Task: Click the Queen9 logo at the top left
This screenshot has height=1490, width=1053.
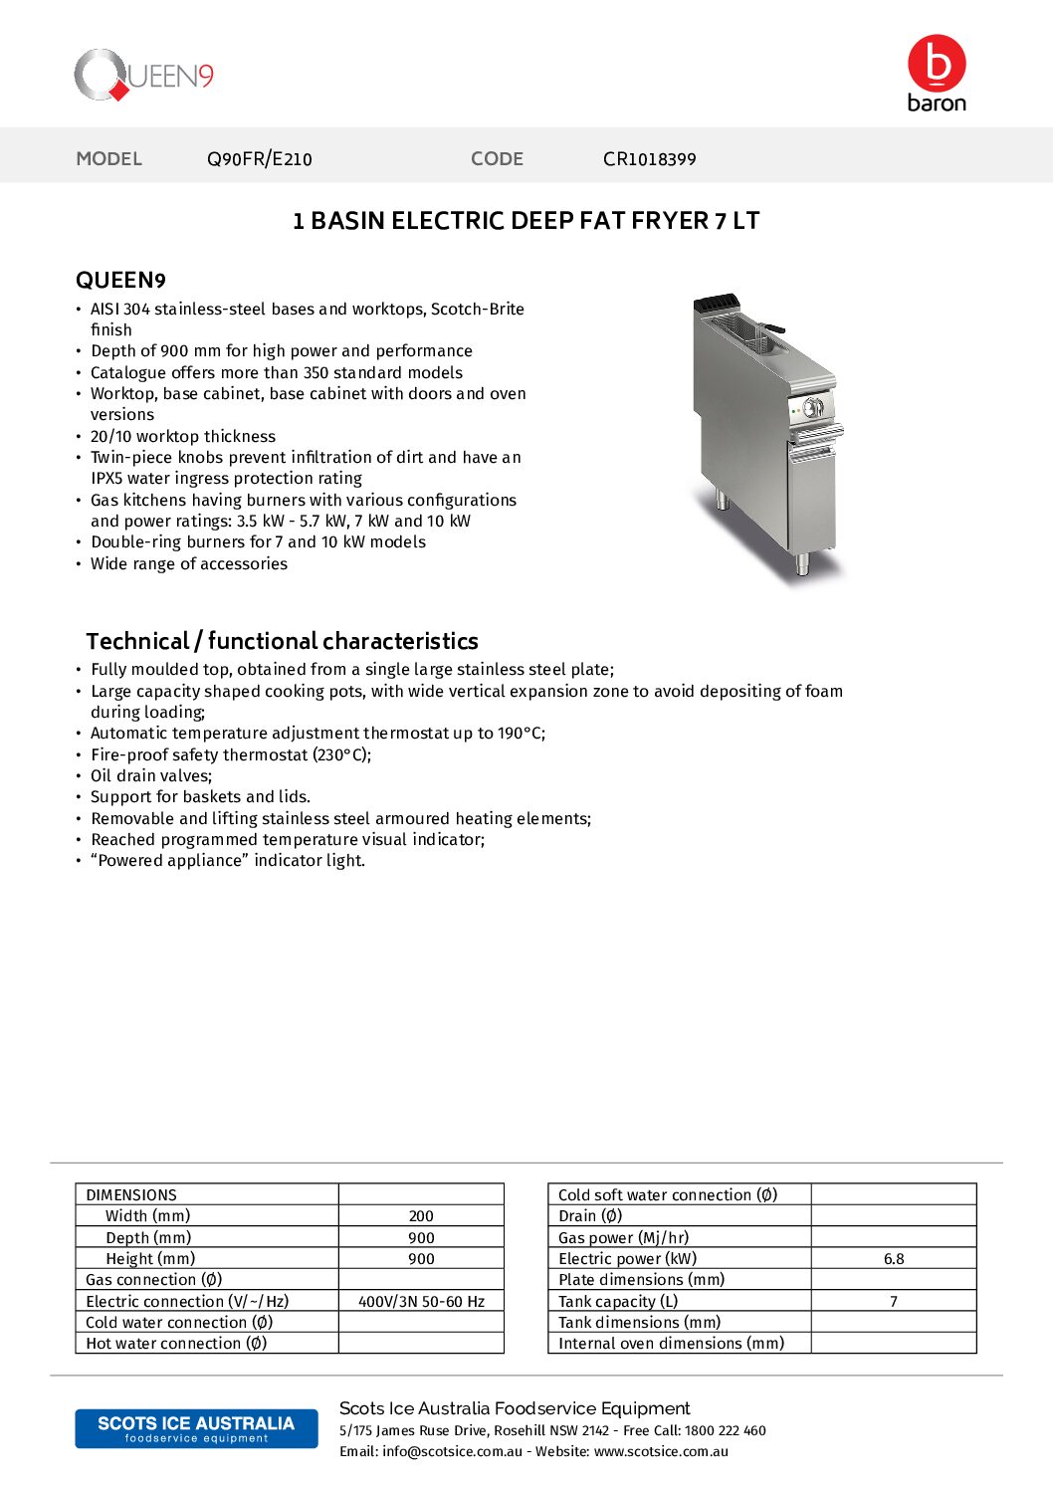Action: pos(144,76)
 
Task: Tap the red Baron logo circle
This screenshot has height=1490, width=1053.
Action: pos(937,64)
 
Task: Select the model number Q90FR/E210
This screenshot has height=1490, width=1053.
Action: pos(259,159)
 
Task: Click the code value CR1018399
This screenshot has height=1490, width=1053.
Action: pos(649,159)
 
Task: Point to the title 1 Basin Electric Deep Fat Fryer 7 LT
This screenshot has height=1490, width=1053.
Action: pos(526,221)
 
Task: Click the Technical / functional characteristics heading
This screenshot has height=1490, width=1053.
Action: pos(282,641)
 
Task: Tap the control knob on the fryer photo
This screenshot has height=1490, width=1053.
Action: pos(813,407)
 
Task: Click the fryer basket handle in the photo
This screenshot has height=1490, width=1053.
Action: pos(772,328)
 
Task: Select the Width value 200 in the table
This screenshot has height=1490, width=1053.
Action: pos(421,1216)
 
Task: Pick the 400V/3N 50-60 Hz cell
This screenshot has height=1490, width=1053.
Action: pos(421,1301)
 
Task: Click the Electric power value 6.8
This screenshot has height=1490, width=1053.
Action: pos(894,1259)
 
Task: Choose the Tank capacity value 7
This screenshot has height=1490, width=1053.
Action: pos(894,1301)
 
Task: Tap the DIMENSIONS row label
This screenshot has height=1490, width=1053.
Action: pos(131,1194)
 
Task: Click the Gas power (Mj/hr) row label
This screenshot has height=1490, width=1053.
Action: pos(623,1237)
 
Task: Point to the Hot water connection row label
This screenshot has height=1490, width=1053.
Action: pos(176,1344)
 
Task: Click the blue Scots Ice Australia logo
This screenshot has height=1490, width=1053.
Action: pos(196,1428)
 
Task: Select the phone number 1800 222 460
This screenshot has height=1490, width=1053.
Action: pos(726,1430)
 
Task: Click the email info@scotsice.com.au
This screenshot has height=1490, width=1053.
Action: pos(452,1451)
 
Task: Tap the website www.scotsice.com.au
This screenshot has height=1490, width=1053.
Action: pos(661,1451)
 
